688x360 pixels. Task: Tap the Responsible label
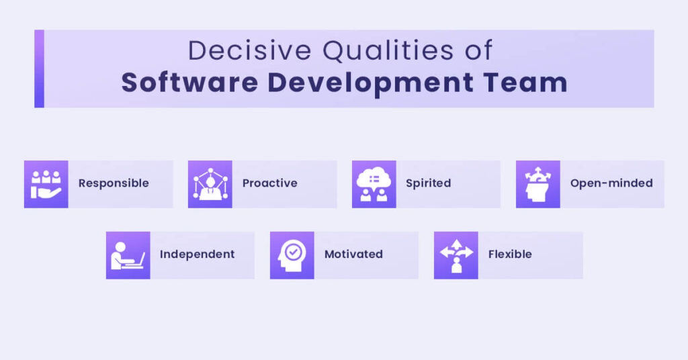point(114,183)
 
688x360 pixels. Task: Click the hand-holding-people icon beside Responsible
point(46,184)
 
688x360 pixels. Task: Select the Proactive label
point(269,183)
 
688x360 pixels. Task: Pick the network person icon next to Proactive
point(210,184)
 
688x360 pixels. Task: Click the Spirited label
point(428,183)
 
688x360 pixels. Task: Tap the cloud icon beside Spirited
point(374,184)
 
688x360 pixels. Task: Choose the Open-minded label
point(611,183)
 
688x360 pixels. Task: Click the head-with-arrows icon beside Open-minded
point(538,184)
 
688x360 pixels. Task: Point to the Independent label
point(197,255)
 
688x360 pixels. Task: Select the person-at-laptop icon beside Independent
point(128,255)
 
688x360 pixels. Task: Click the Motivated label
point(353,255)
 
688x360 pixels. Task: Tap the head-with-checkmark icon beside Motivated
point(292,255)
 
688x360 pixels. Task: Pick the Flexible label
point(510,255)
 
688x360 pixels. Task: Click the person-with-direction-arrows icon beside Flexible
point(456,255)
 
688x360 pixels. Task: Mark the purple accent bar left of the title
point(39,69)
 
